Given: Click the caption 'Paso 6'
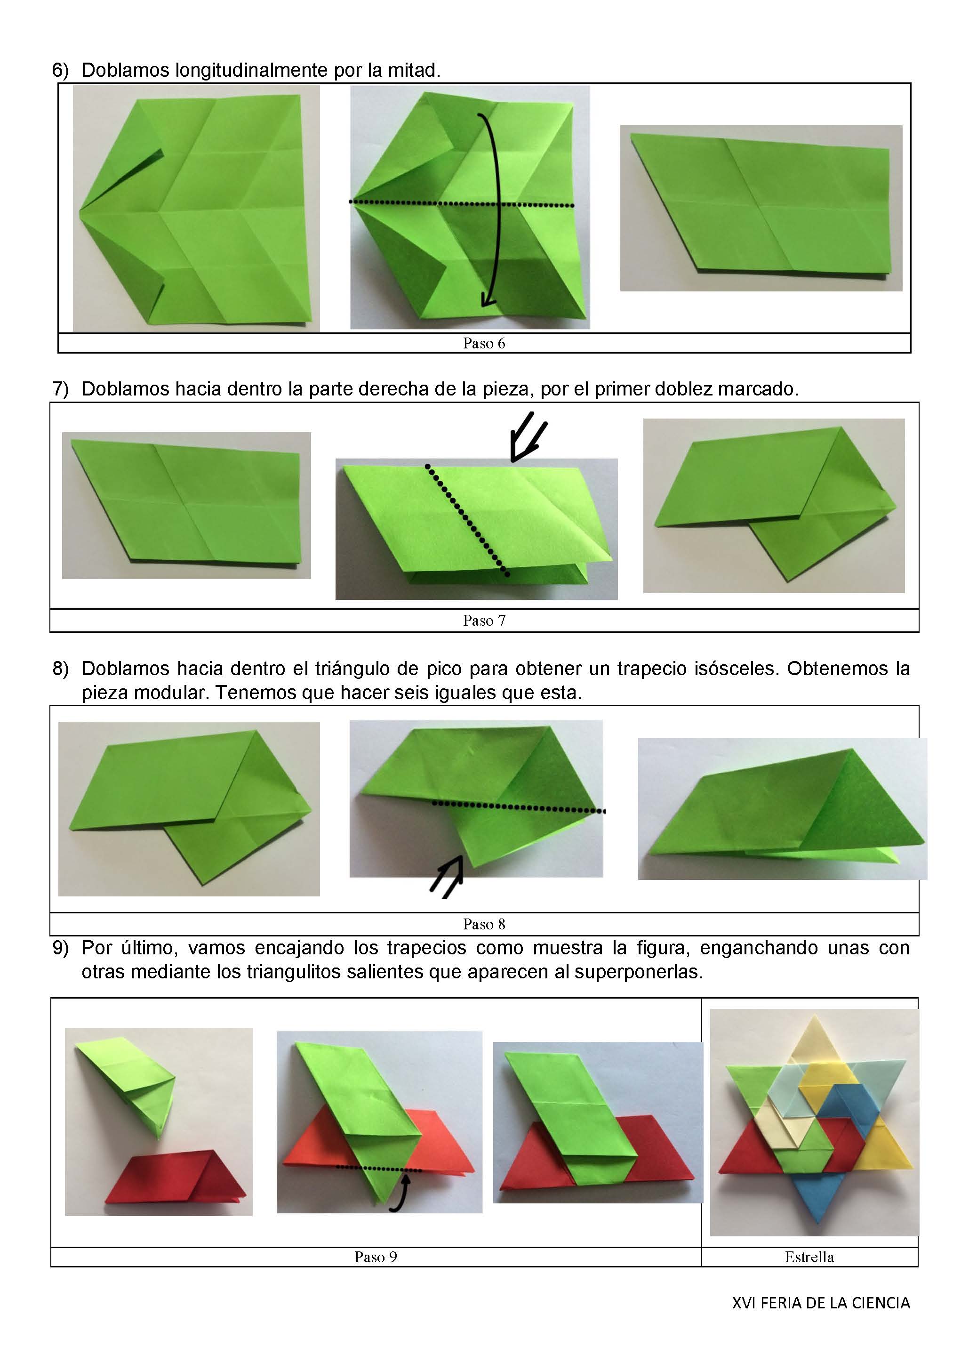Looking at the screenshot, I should click(484, 343).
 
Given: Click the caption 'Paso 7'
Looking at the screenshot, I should click(484, 621).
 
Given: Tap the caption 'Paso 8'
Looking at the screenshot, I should click(484, 924).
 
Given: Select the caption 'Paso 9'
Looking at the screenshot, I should click(376, 1257).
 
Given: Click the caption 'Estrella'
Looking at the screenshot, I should click(809, 1257).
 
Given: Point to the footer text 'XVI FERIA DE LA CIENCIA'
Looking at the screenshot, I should click(821, 1303).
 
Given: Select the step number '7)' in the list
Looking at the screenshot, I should click(60, 389).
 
